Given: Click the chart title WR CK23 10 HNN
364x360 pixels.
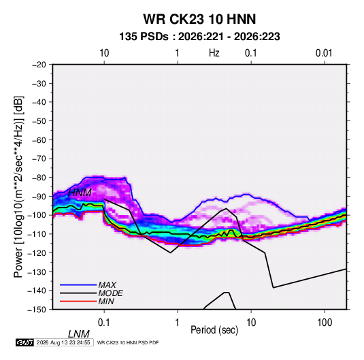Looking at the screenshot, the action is tap(199, 19).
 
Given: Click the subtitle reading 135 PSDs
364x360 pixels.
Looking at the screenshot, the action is tap(144, 37).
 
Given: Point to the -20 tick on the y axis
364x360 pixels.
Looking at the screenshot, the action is tap(39, 65).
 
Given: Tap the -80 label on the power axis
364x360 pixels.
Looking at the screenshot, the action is tap(39, 178).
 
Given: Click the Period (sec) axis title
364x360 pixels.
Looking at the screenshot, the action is tap(214, 330).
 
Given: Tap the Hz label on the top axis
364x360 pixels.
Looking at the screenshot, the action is tap(214, 53).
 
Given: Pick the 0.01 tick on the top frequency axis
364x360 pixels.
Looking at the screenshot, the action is tap(324, 53).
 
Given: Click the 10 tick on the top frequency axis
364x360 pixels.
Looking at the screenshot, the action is tap(104, 53).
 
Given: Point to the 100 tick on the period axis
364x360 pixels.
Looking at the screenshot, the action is tap(325, 323).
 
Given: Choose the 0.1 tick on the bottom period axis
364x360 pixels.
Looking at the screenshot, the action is tap(104, 323).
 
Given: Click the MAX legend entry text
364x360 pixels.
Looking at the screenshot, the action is tap(107, 285).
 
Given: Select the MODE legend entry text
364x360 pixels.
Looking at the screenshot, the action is tap(110, 293).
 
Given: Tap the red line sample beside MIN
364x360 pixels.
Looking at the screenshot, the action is tap(78, 301).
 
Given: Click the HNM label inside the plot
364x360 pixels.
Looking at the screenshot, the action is tap(80, 193).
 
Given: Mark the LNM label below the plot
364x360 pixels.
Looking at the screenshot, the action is tap(79, 334).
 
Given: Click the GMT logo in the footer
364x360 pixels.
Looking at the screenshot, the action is tap(24, 342).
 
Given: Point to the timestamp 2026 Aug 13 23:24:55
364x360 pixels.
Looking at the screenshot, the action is tap(63, 342).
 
